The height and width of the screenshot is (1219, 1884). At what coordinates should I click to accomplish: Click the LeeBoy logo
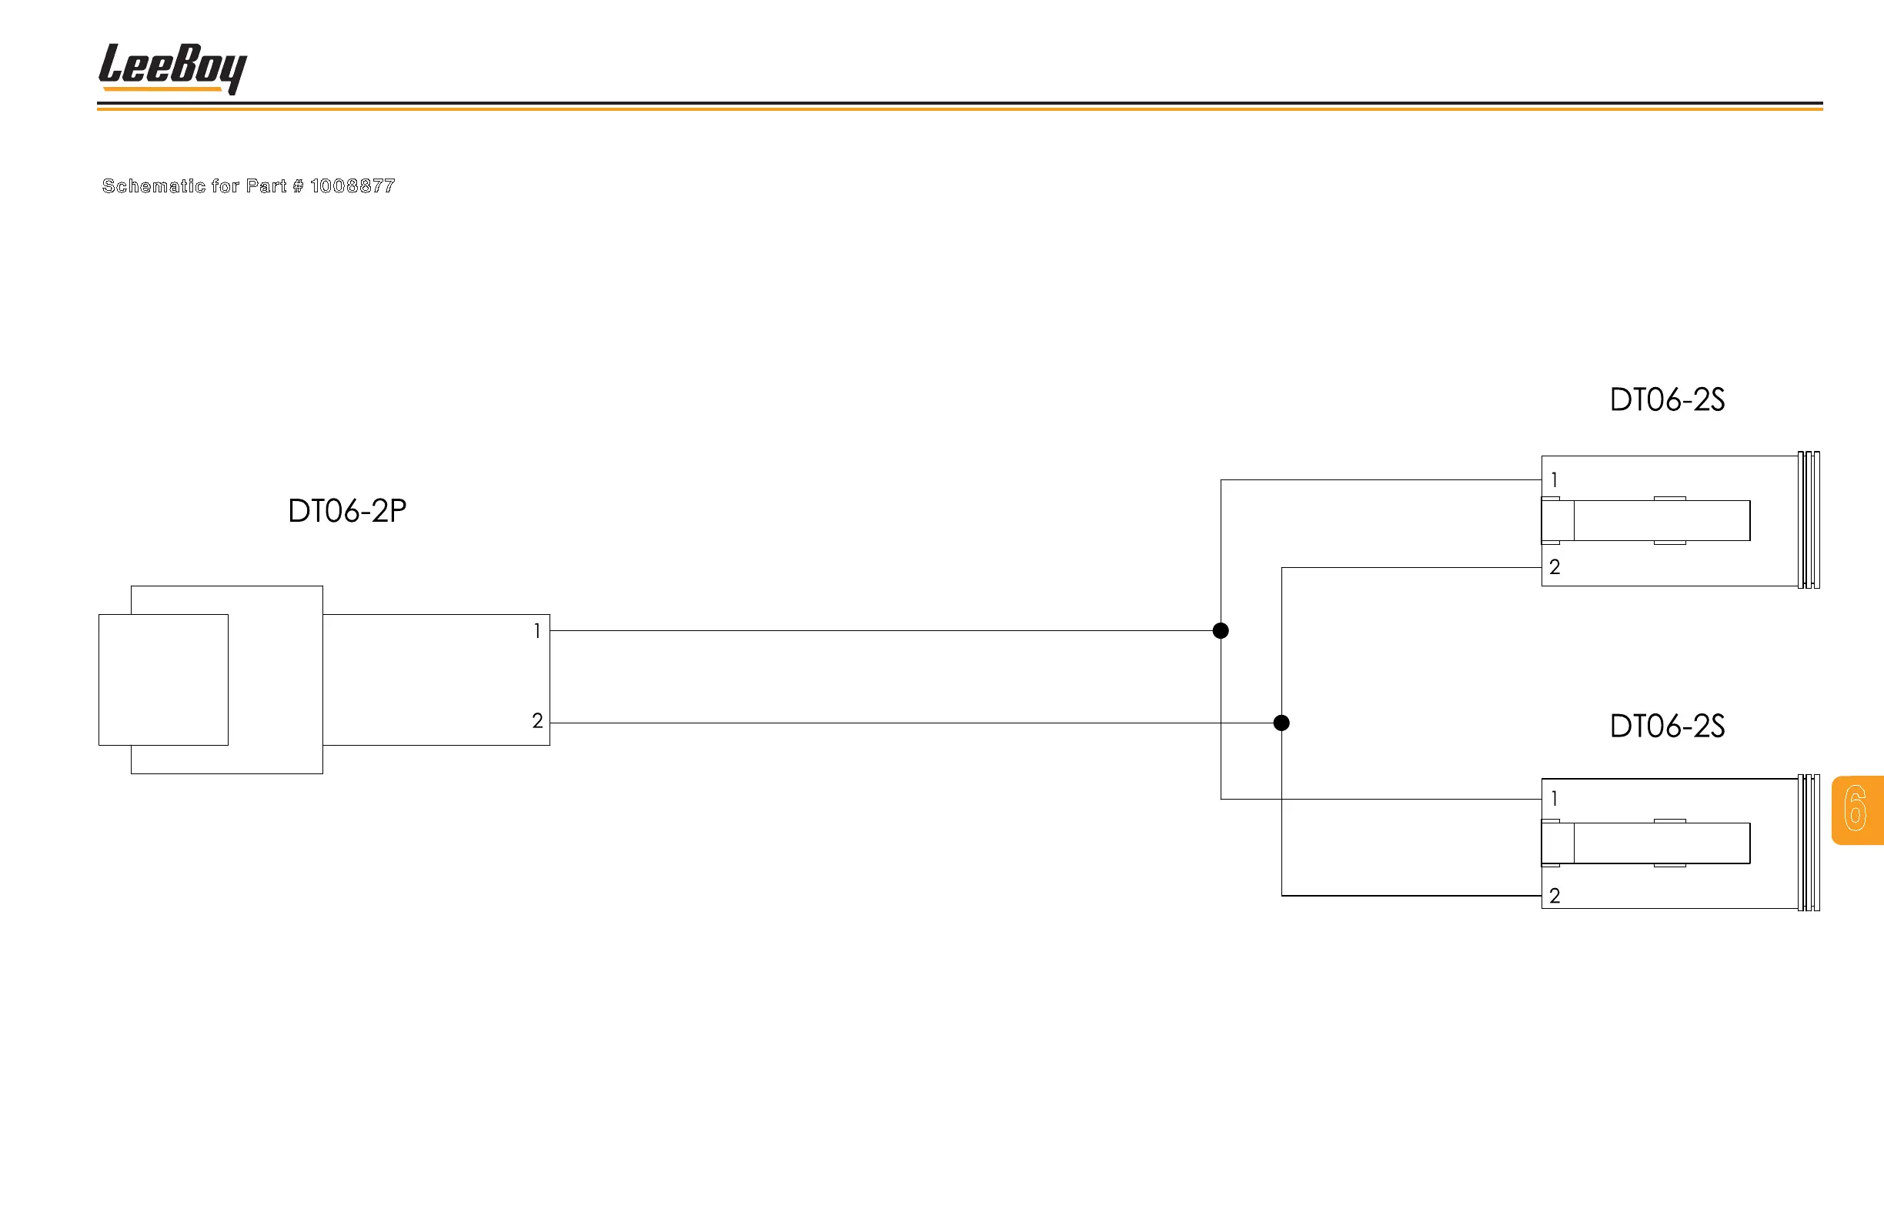click(172, 67)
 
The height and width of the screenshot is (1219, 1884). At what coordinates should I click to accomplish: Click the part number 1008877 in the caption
click(352, 186)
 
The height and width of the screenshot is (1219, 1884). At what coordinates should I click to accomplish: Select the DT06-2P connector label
click(347, 511)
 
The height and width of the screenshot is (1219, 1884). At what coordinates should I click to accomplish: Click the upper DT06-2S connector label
click(1667, 399)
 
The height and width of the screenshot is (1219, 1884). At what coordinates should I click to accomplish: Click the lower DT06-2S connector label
click(1667, 726)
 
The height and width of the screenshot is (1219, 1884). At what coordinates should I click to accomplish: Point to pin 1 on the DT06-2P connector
click(537, 631)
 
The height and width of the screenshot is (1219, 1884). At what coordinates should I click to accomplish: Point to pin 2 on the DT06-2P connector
click(537, 721)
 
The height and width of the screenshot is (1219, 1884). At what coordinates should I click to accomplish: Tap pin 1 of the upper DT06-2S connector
click(1554, 480)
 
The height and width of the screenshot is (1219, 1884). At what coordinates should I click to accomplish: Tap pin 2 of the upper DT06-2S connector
click(1555, 567)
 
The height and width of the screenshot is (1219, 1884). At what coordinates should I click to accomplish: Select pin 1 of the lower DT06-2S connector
click(1554, 799)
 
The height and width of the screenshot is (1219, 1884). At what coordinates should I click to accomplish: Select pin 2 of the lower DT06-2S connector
click(1555, 896)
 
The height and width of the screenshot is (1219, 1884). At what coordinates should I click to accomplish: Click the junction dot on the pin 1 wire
click(1221, 631)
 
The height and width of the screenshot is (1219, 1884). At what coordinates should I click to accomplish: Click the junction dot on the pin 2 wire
click(1281, 723)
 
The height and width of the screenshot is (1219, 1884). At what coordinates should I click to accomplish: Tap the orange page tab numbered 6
click(1856, 810)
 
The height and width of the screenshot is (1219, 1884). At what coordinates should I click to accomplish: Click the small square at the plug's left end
click(163, 680)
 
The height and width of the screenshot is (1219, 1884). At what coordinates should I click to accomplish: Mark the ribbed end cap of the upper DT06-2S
click(1809, 520)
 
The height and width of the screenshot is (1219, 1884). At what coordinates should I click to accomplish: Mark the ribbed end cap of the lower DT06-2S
click(1809, 843)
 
